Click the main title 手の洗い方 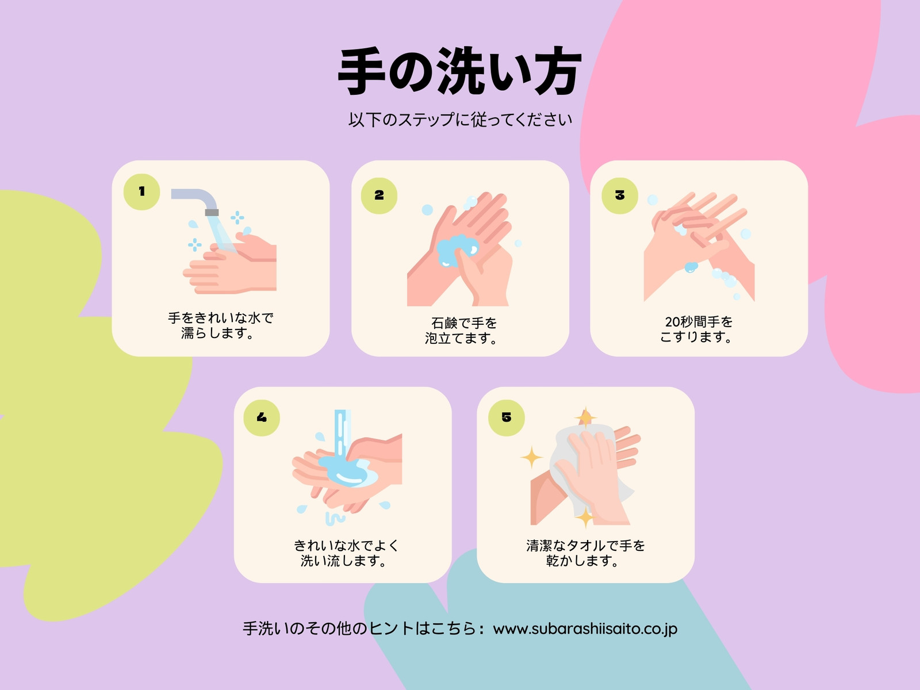click(459, 71)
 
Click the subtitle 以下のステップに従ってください click(460, 120)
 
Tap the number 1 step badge click(141, 192)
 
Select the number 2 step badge click(379, 195)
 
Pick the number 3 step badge click(620, 195)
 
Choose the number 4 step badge click(262, 417)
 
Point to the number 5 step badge click(507, 417)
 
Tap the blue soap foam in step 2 click(457, 251)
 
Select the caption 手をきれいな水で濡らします click(220, 325)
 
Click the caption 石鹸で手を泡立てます click(461, 331)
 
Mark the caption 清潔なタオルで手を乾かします click(585, 553)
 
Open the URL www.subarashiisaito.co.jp click(585, 629)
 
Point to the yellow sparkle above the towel click(585, 417)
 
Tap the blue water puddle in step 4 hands click(348, 471)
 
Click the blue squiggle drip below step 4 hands click(335, 519)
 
